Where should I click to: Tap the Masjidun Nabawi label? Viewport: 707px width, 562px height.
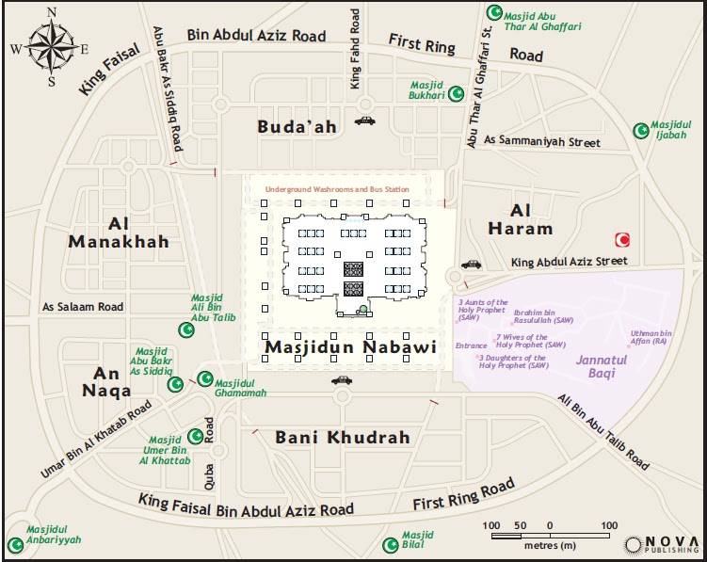coord(350,347)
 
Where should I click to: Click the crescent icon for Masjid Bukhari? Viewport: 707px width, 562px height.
coord(458,94)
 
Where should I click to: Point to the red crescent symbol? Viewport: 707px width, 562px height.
coord(621,239)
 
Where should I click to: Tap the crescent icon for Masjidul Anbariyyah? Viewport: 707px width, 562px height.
coord(15,544)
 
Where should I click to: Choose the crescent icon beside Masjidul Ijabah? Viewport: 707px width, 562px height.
coord(641,130)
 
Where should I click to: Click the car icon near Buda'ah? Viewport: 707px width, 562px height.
coord(364,120)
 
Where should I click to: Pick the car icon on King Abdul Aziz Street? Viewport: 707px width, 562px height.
coord(471,265)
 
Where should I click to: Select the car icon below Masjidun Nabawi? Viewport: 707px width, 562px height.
coord(341,380)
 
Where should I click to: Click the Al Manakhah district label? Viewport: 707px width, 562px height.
coord(119,233)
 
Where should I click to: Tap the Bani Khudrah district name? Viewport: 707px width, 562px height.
coord(343,438)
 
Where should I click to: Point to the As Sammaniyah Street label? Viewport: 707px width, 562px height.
coord(540,140)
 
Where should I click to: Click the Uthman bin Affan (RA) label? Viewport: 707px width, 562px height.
coord(651,337)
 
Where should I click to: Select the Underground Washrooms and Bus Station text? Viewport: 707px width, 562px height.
coord(337,189)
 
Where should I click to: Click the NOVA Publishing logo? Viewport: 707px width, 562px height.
coord(662,545)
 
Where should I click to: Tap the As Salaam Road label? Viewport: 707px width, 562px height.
coord(83,307)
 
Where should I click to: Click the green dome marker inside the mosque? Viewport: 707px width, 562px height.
coord(362,309)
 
